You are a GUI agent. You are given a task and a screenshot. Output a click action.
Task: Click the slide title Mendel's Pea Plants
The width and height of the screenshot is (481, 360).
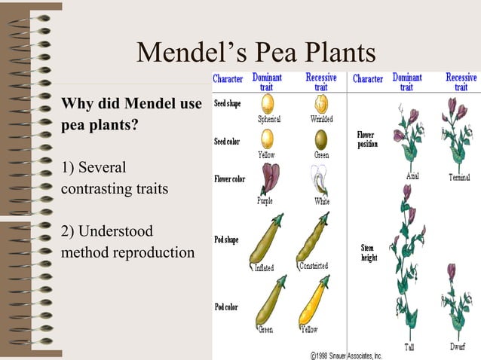[256, 53]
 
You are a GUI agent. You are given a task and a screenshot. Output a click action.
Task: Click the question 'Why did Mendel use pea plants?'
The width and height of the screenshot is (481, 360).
[130, 114]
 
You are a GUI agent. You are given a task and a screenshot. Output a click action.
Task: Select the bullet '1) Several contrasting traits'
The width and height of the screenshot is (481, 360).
[114, 177]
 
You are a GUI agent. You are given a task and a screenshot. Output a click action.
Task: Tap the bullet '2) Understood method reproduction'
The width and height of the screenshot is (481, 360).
[127, 241]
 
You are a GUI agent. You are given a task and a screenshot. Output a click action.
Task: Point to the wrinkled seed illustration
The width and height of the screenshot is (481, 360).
[321, 103]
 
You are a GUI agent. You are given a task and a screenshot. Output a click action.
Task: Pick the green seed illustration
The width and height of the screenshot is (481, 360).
[321, 139]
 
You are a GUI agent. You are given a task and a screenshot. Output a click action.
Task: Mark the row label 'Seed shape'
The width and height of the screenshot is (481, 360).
[228, 103]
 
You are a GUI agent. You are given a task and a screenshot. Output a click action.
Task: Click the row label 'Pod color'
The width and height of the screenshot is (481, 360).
[227, 307]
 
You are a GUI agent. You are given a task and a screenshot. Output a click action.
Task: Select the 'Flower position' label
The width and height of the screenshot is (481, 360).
[367, 139]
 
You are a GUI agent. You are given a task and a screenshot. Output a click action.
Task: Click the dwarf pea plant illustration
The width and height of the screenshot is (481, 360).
[457, 301]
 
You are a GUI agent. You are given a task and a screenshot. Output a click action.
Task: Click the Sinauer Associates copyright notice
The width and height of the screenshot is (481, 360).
[346, 354]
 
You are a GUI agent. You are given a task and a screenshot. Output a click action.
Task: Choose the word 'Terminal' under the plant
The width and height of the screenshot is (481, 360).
[459, 177]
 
